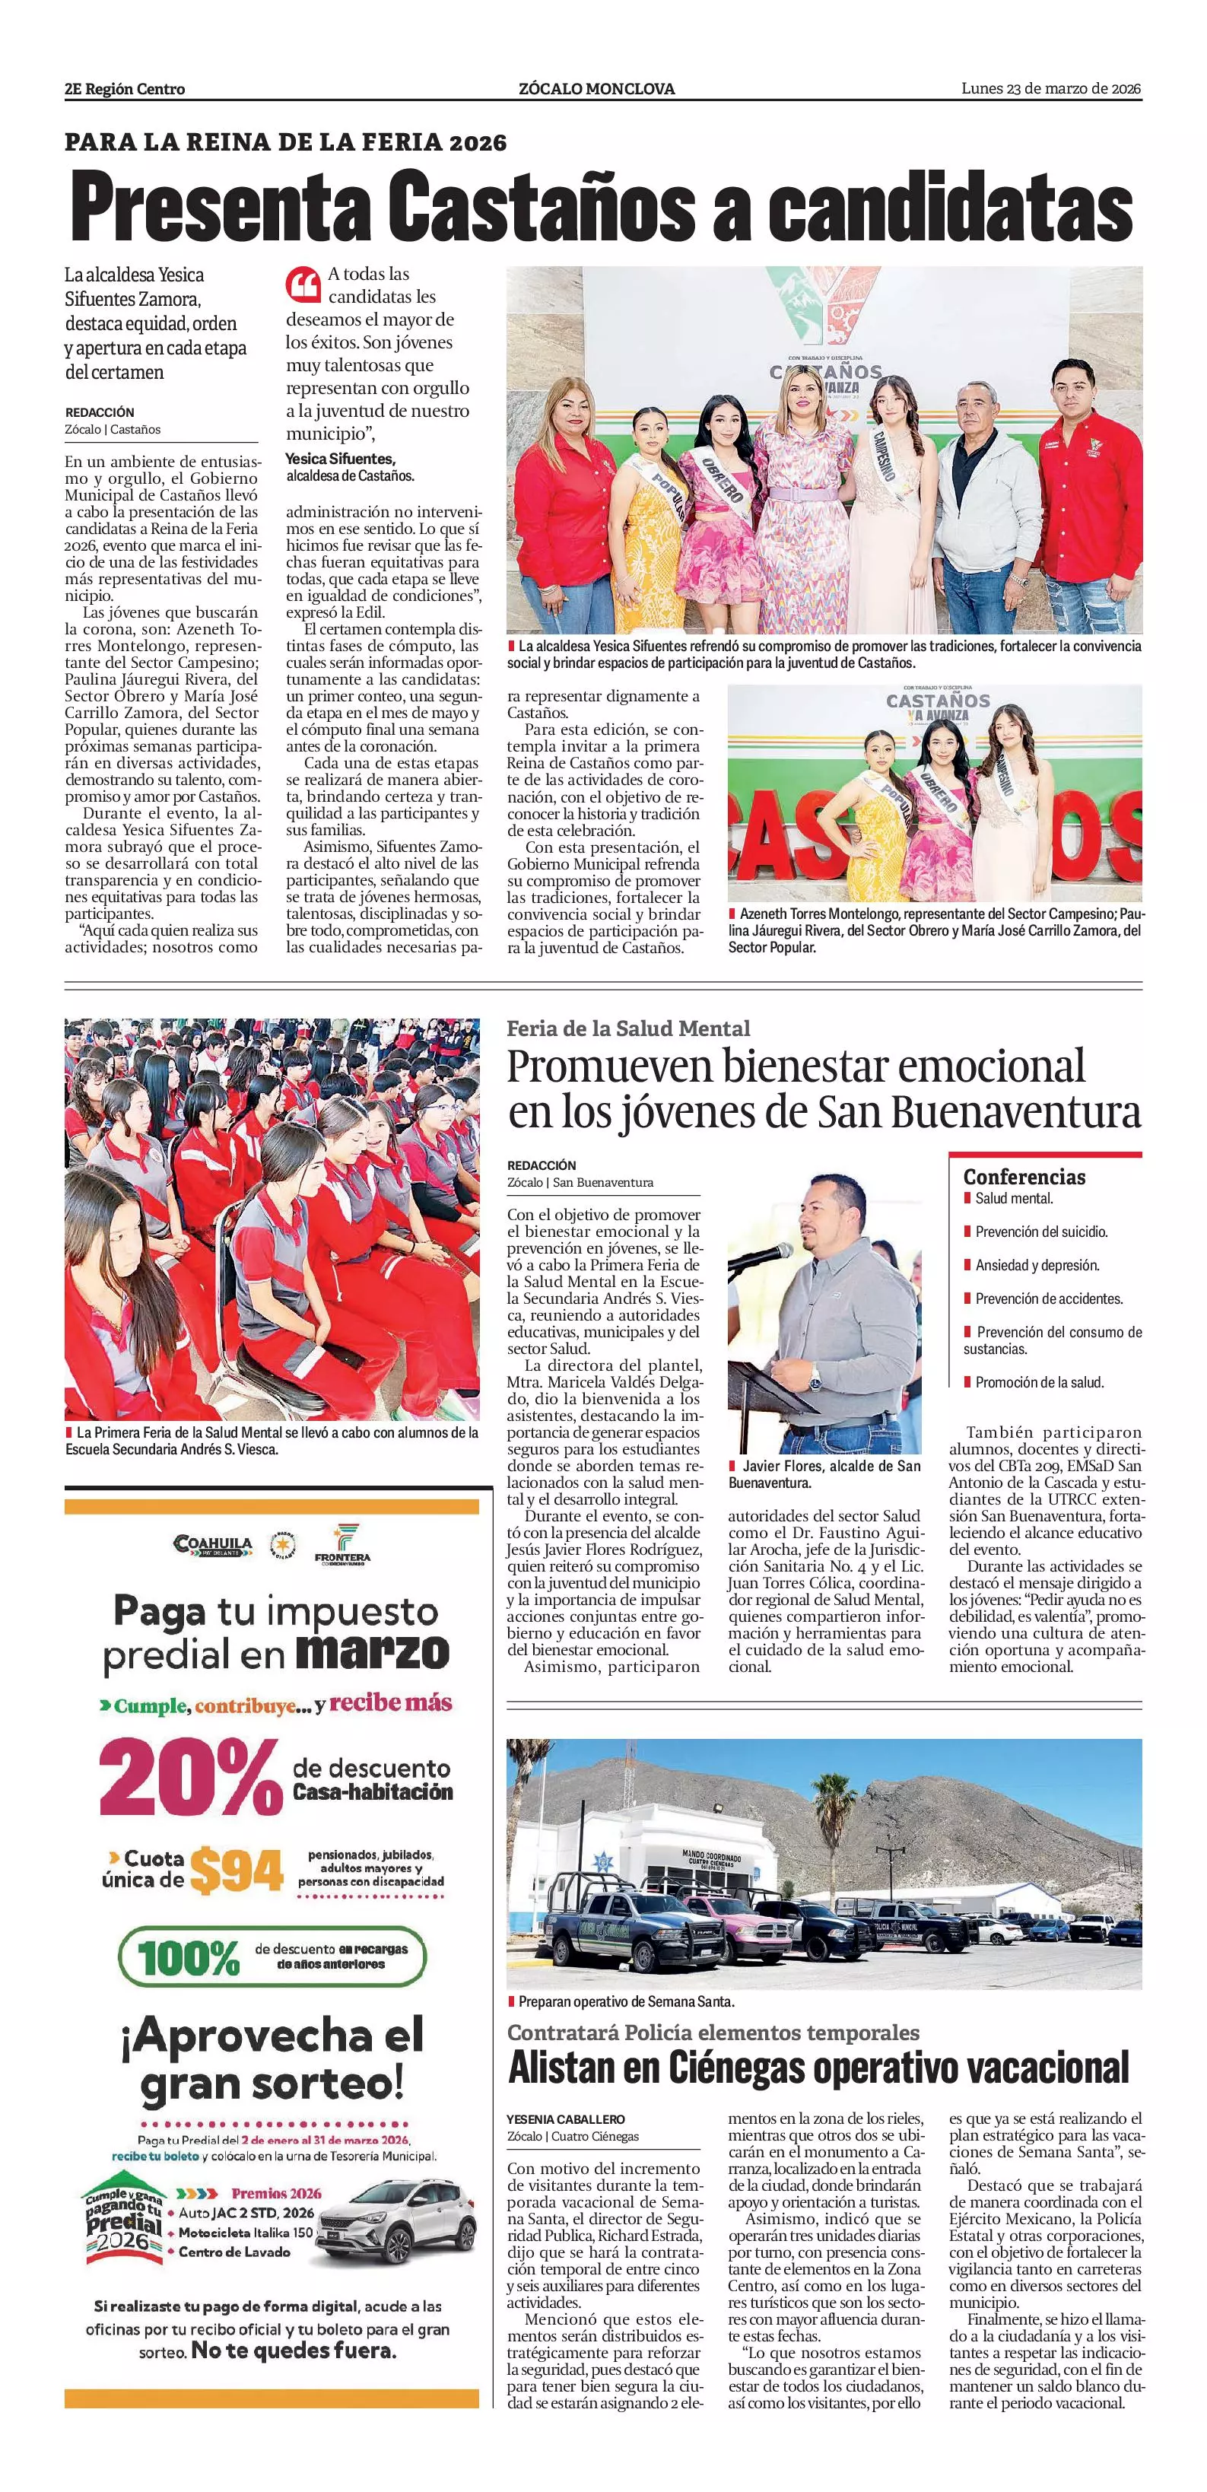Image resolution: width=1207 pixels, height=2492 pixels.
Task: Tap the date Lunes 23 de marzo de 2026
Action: (1050, 89)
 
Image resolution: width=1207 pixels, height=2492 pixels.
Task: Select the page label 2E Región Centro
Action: (125, 89)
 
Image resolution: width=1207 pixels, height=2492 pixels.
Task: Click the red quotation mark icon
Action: (303, 284)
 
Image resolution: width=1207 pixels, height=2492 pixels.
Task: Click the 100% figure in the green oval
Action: (189, 1958)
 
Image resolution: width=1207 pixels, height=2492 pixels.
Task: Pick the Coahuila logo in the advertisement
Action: (213, 1545)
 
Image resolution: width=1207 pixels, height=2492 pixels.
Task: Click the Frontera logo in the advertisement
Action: (342, 1544)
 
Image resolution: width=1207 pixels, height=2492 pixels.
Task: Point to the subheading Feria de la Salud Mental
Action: (627, 1028)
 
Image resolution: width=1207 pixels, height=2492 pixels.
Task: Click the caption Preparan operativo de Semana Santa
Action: (626, 2001)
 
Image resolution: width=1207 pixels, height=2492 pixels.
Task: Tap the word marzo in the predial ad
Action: (373, 1652)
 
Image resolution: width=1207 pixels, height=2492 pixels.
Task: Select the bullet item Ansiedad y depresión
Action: (1037, 1265)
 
